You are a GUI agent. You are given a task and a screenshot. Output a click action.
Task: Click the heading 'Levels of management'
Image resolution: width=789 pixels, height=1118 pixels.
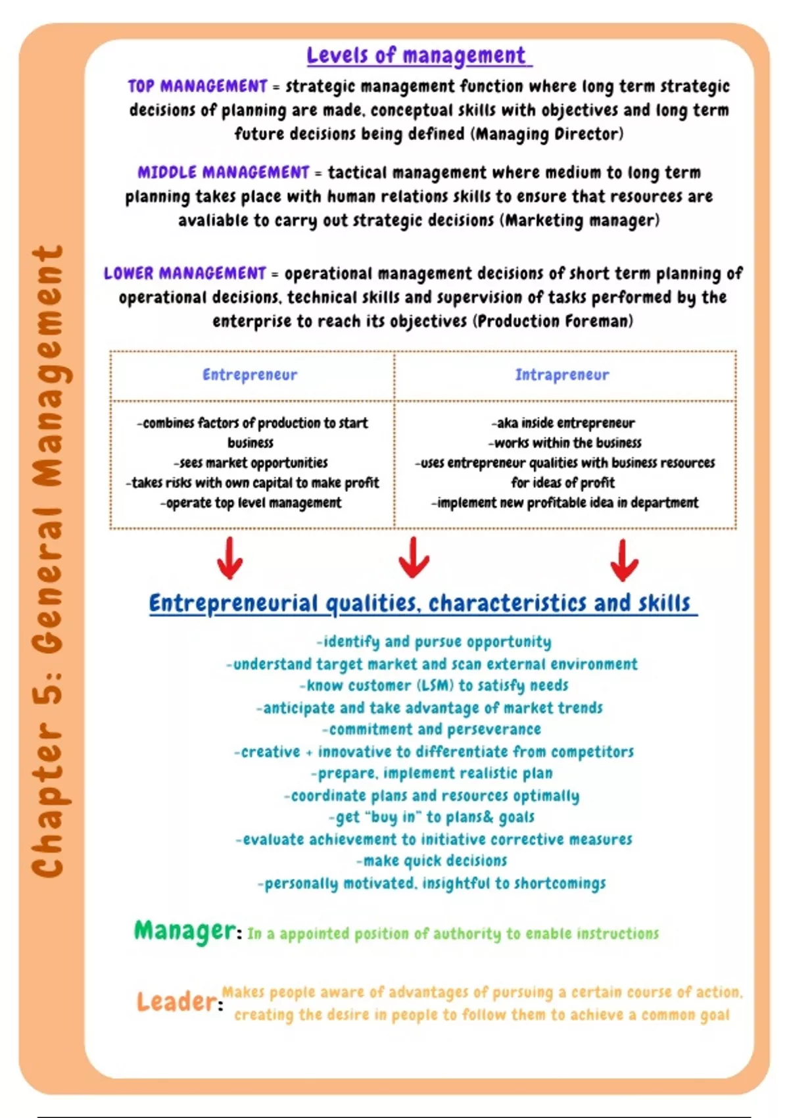point(418,56)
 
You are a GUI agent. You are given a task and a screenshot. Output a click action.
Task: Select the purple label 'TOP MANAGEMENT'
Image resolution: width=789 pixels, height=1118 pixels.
point(197,86)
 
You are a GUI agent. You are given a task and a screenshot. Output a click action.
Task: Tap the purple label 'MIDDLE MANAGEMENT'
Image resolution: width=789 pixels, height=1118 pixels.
point(223,172)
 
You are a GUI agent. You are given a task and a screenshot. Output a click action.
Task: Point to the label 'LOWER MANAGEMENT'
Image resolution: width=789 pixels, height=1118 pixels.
point(185,273)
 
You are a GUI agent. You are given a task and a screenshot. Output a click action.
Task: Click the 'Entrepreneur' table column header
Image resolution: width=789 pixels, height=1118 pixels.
point(250,375)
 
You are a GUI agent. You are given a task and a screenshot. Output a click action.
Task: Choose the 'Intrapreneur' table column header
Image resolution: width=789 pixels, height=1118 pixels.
point(562,375)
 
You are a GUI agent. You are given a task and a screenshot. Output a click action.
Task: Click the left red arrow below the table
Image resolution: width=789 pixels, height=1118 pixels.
point(229,558)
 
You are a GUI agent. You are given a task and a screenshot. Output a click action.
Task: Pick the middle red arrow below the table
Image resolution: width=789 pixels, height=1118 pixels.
point(414,558)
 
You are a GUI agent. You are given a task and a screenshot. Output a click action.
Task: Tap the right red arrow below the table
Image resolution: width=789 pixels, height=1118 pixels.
point(623,560)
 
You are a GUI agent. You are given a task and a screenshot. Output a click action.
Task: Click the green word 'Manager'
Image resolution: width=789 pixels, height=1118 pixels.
point(184,931)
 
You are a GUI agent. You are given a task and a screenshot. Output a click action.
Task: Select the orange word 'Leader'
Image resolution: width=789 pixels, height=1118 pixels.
point(176,1002)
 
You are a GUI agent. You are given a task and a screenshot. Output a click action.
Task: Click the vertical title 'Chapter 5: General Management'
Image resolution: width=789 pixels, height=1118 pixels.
point(49,562)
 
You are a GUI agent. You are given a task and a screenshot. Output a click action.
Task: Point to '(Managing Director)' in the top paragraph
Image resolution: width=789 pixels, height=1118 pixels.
point(547,134)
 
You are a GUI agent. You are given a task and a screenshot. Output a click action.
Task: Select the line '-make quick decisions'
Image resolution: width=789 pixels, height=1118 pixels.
point(432,861)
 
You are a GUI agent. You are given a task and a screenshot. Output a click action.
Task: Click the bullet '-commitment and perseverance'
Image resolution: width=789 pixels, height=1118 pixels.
point(432,729)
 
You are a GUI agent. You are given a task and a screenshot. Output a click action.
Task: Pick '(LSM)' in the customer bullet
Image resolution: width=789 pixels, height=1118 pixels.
point(435,685)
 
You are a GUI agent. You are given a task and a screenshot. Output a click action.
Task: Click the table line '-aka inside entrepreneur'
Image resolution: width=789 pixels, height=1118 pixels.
point(563,423)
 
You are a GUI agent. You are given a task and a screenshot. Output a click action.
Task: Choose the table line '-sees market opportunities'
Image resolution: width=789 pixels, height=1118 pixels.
point(251,463)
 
